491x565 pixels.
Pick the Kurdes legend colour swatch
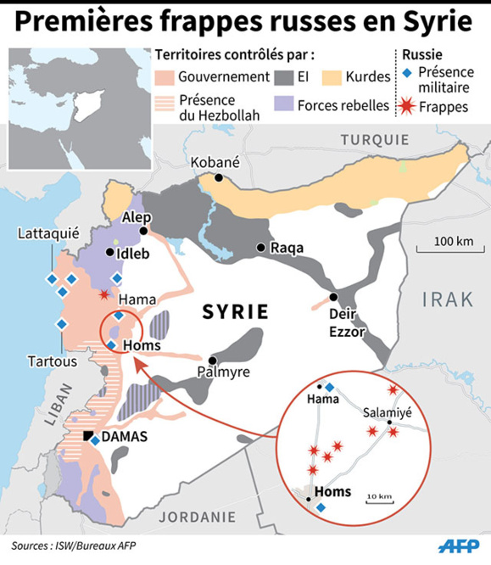pyautogui.click(x=351, y=77)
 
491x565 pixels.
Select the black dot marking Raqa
pyautogui.click(x=260, y=249)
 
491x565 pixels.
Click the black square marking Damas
pyautogui.click(x=88, y=436)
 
